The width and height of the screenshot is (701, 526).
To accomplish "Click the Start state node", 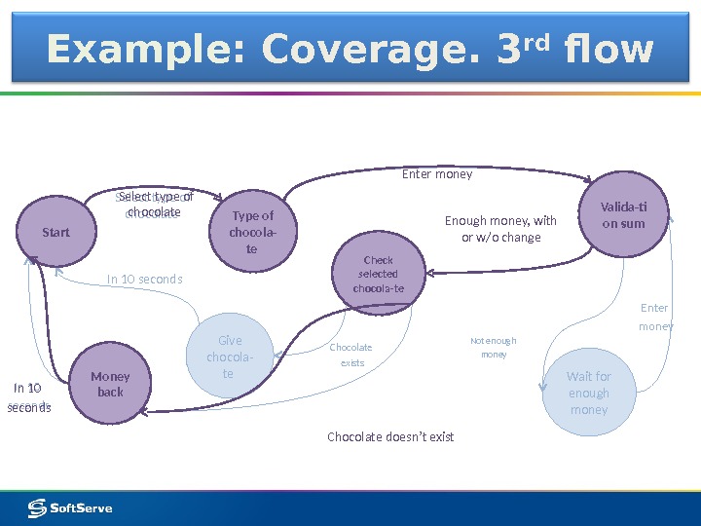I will click(x=56, y=233).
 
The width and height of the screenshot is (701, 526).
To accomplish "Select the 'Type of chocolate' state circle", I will click(x=252, y=233).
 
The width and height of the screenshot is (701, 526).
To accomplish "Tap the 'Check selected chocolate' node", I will click(x=378, y=275).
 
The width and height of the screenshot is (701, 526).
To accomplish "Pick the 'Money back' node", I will click(x=110, y=385).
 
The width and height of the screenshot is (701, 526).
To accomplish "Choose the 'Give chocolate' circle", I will click(x=230, y=357).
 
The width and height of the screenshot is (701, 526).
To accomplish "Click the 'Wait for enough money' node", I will click(x=588, y=393).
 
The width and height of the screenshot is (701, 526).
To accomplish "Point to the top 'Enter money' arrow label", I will click(x=437, y=174).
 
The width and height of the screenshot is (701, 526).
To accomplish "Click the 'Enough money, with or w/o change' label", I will click(x=500, y=229).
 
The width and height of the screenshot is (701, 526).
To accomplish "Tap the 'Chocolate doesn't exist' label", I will click(x=390, y=436).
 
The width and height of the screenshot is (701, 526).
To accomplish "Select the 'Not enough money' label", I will click(x=494, y=348).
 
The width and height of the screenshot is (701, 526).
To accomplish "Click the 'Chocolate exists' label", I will click(x=351, y=355).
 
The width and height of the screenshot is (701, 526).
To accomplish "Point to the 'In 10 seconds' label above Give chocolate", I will click(x=144, y=280).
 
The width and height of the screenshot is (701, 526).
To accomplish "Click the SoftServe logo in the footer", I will click(x=70, y=507).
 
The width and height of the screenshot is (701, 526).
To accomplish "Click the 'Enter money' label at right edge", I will click(x=655, y=318).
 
